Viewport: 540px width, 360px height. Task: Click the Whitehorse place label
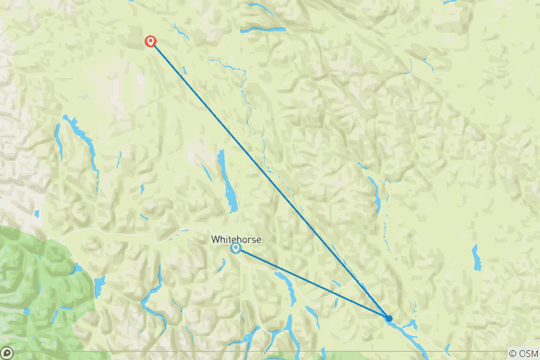235,239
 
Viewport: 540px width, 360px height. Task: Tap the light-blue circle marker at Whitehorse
235,248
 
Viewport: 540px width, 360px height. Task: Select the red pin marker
151,42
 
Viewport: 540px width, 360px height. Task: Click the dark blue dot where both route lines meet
388,319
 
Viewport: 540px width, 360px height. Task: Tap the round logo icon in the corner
7,352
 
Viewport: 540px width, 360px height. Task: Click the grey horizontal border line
225,351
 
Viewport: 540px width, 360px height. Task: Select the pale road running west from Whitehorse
135,235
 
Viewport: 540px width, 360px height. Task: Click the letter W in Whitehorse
215,239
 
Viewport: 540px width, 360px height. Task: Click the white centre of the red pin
151,40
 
